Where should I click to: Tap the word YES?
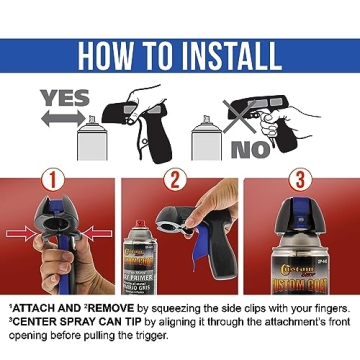61,98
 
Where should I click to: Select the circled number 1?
56,181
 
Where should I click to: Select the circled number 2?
179,181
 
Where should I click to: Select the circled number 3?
298,181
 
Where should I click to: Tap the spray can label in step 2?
145,264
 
